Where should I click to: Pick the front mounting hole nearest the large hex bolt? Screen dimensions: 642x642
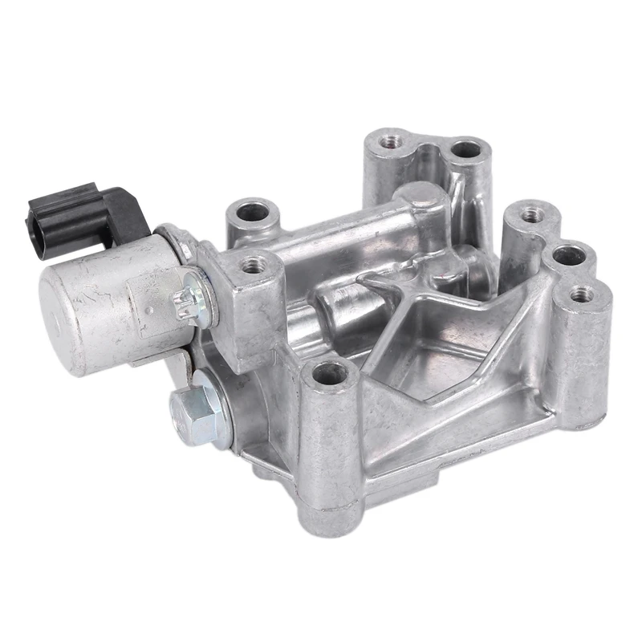pos(330,372)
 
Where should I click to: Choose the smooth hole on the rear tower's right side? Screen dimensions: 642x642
pos(465,149)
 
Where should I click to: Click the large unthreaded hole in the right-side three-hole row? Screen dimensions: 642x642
pos(569,255)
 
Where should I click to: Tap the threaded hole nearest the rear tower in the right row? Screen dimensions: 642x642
pos(530,214)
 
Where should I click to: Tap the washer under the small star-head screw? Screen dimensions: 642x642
pos(197,299)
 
